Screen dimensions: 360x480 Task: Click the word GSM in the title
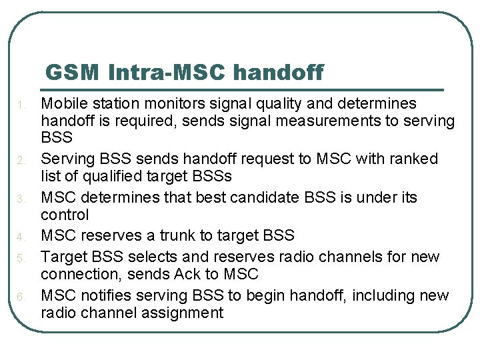coord(73,72)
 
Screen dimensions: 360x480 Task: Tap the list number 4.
coord(21,237)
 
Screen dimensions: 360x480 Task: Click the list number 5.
coord(21,258)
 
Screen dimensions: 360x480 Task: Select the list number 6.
coord(21,297)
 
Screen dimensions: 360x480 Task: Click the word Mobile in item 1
coord(62,103)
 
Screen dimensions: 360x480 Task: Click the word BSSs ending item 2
coord(210,177)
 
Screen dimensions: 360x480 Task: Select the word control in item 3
coord(65,215)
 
